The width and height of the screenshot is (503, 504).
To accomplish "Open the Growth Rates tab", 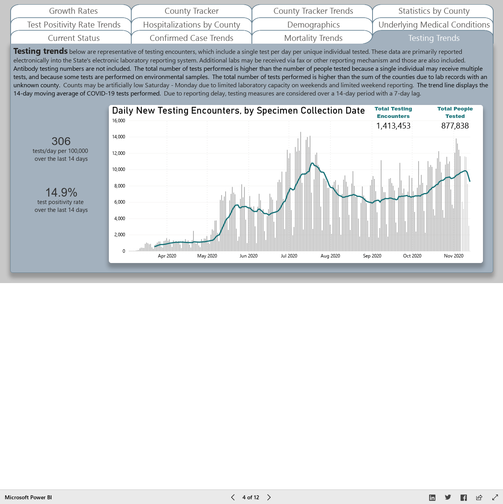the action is (x=73, y=11).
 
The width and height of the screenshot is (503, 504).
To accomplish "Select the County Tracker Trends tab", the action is (x=313, y=11).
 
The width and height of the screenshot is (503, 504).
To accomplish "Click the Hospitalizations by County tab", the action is (x=191, y=25).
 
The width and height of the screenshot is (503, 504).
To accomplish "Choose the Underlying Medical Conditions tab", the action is (x=434, y=25).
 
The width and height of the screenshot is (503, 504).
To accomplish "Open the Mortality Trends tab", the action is (x=313, y=38).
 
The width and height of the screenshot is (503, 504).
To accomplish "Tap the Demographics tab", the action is (x=313, y=25).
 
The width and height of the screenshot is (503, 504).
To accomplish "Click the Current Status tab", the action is (x=74, y=38).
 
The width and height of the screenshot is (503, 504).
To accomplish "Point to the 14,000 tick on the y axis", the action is (x=119, y=137).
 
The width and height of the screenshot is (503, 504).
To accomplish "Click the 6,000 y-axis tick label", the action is (x=119, y=202).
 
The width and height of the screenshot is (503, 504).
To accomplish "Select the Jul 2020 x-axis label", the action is (x=289, y=256).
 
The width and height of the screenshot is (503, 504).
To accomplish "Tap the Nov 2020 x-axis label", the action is (x=453, y=256).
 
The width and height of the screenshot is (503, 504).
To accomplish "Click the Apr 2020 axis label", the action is (x=167, y=256).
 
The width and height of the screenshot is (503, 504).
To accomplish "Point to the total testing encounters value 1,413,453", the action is (x=393, y=126).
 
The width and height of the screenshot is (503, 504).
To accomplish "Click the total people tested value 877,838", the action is (x=455, y=126).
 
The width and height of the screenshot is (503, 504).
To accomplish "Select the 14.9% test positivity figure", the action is (x=61, y=193).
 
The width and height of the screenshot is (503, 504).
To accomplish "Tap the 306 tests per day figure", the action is (x=61, y=141).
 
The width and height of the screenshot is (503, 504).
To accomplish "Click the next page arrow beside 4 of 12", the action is (x=269, y=497).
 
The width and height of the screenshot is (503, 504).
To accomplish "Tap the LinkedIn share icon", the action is (x=432, y=497).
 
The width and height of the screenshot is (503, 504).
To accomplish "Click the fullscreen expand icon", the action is (x=495, y=497).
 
